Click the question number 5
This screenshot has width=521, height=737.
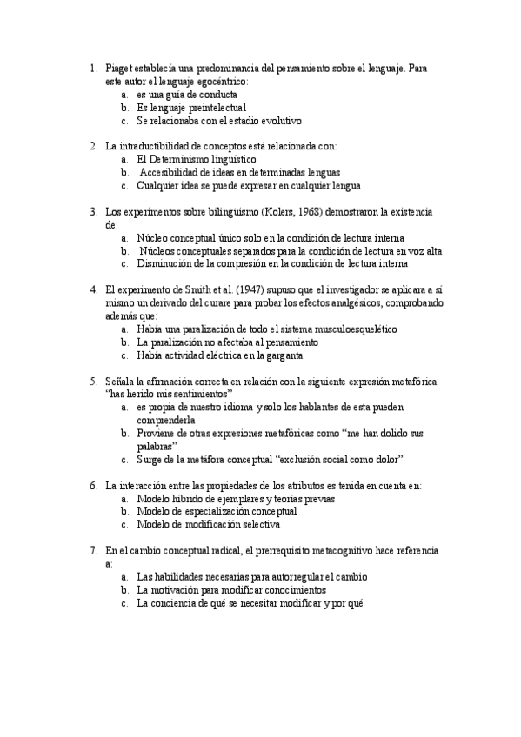[x=93, y=381]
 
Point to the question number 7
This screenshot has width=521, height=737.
[x=93, y=550]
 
